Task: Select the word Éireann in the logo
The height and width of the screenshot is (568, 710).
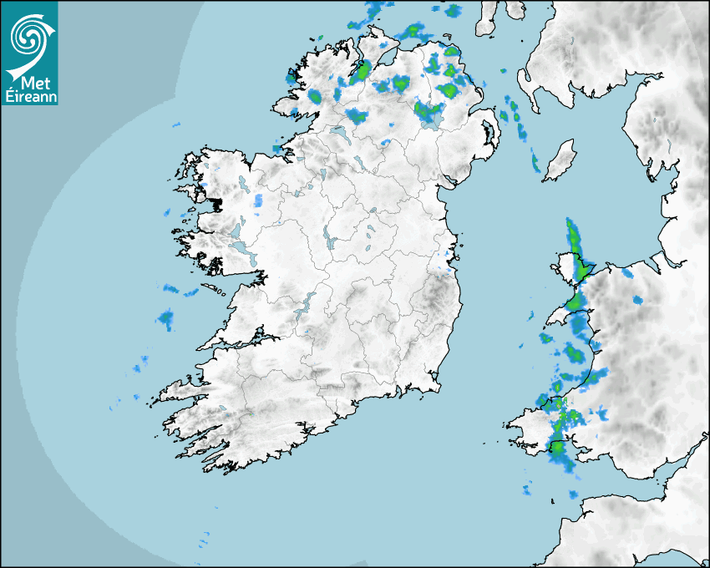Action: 30,96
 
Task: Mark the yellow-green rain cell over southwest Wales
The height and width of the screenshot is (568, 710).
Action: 556,447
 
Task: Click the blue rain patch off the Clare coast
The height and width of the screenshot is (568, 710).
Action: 165,317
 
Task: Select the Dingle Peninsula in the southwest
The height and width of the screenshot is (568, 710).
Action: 180,390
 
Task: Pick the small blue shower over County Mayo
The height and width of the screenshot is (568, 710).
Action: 258,200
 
